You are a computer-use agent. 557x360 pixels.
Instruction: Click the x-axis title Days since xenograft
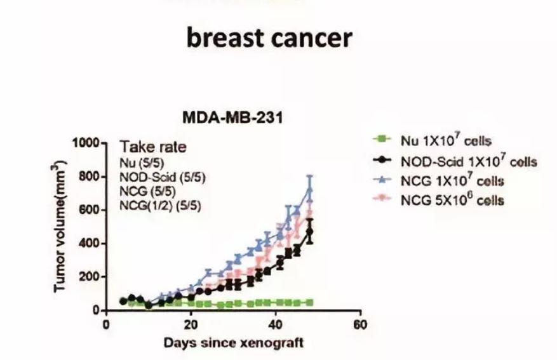tap(233, 343)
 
